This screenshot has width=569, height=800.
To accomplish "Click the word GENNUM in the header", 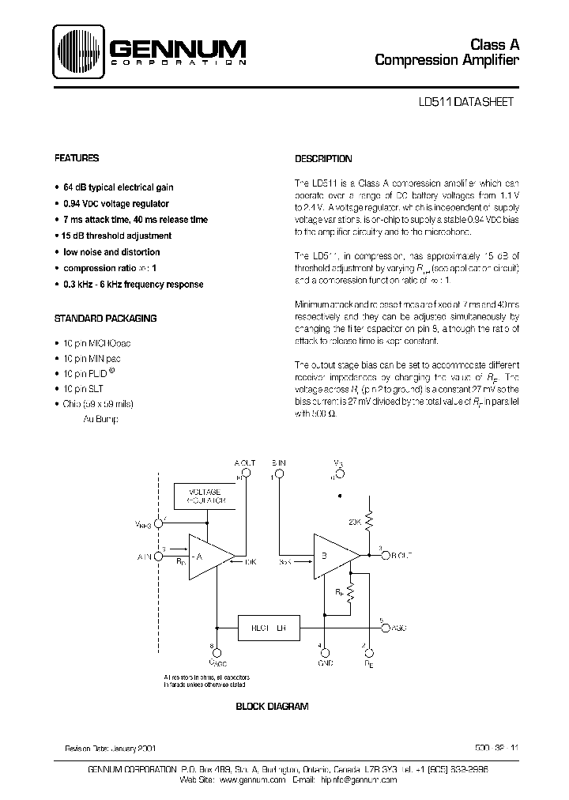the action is tap(177, 48).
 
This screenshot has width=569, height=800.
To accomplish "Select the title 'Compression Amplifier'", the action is tap(447, 60).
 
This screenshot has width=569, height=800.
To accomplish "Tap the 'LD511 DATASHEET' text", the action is tap(466, 102).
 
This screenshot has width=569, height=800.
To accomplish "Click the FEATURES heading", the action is tap(77, 158).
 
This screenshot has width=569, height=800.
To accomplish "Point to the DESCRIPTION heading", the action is tap(323, 159).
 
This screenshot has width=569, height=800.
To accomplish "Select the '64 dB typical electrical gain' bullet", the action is tap(118, 187).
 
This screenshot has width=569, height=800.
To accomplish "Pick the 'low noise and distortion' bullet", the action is tap(111, 252).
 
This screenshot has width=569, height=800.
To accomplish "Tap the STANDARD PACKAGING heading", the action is tap(104, 319).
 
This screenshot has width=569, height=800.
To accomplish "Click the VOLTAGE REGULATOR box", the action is tap(201, 496).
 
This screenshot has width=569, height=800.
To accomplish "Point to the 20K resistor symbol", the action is tap(370, 523).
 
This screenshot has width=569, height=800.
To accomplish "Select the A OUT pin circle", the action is tap(246, 474).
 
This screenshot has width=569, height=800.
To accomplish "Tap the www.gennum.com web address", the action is tap(251, 779).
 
